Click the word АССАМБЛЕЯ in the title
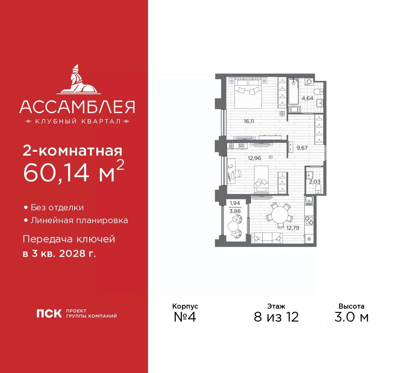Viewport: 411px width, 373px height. coord(77,107)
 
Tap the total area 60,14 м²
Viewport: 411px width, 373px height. coord(73,172)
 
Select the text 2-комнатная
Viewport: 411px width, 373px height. coord(73,150)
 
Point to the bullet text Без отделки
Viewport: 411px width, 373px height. coord(57,208)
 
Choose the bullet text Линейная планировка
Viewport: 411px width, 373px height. coord(79,221)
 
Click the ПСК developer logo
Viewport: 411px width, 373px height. coord(49,314)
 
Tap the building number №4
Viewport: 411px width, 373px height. coord(185,317)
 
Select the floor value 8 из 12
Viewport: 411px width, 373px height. coord(276,317)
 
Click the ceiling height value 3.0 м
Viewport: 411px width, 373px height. coord(351,317)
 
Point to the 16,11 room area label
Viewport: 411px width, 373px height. coord(249,121)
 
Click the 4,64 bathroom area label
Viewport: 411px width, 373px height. coord(307,98)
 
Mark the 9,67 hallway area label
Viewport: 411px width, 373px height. coord(302,148)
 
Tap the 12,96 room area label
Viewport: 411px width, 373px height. coord(254,158)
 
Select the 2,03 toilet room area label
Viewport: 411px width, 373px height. coord(315,182)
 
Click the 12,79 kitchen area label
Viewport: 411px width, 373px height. coord(293,228)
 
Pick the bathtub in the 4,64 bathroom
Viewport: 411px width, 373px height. coord(293,92)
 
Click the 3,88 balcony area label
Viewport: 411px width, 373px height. coord(235,211)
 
